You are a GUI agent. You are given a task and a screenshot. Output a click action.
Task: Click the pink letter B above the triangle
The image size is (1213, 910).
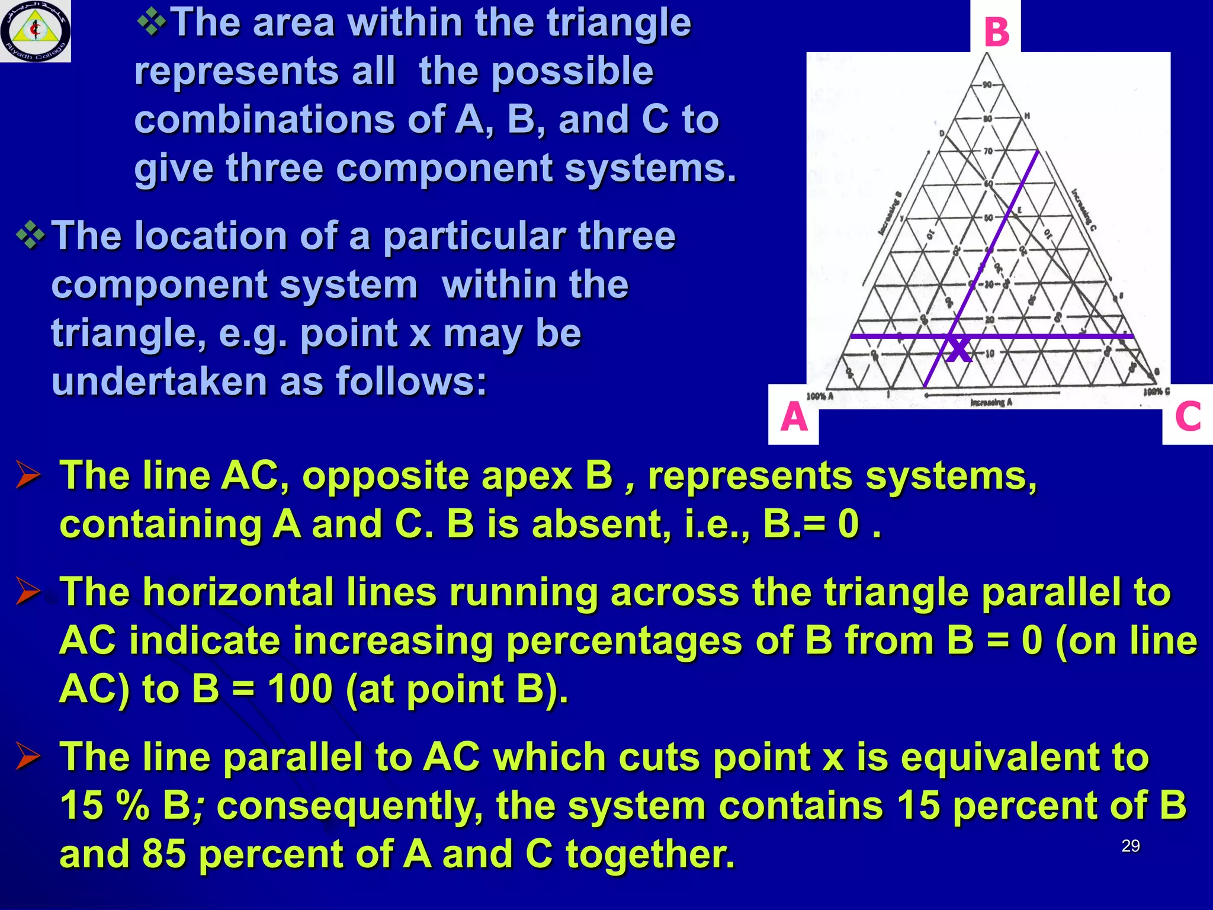click(996, 32)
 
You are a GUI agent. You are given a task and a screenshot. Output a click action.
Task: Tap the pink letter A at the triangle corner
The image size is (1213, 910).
click(794, 416)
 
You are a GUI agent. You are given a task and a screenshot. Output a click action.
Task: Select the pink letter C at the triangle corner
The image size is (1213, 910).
click(1188, 416)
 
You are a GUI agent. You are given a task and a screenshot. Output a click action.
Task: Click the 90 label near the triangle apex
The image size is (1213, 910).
click(987, 85)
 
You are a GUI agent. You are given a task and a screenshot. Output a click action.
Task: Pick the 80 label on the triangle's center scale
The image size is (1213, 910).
click(987, 118)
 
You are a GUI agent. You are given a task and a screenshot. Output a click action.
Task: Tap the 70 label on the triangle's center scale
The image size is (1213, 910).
click(988, 151)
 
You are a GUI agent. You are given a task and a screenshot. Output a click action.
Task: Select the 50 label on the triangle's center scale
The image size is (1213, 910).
click(988, 218)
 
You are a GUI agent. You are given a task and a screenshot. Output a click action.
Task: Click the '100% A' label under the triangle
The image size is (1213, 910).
click(820, 396)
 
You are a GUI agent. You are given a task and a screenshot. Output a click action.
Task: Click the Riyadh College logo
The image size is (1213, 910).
click(35, 31)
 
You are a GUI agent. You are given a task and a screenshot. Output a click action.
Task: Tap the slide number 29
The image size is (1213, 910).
click(1130, 846)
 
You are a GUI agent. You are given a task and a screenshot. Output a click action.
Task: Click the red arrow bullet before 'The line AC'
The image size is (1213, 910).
click(28, 476)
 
